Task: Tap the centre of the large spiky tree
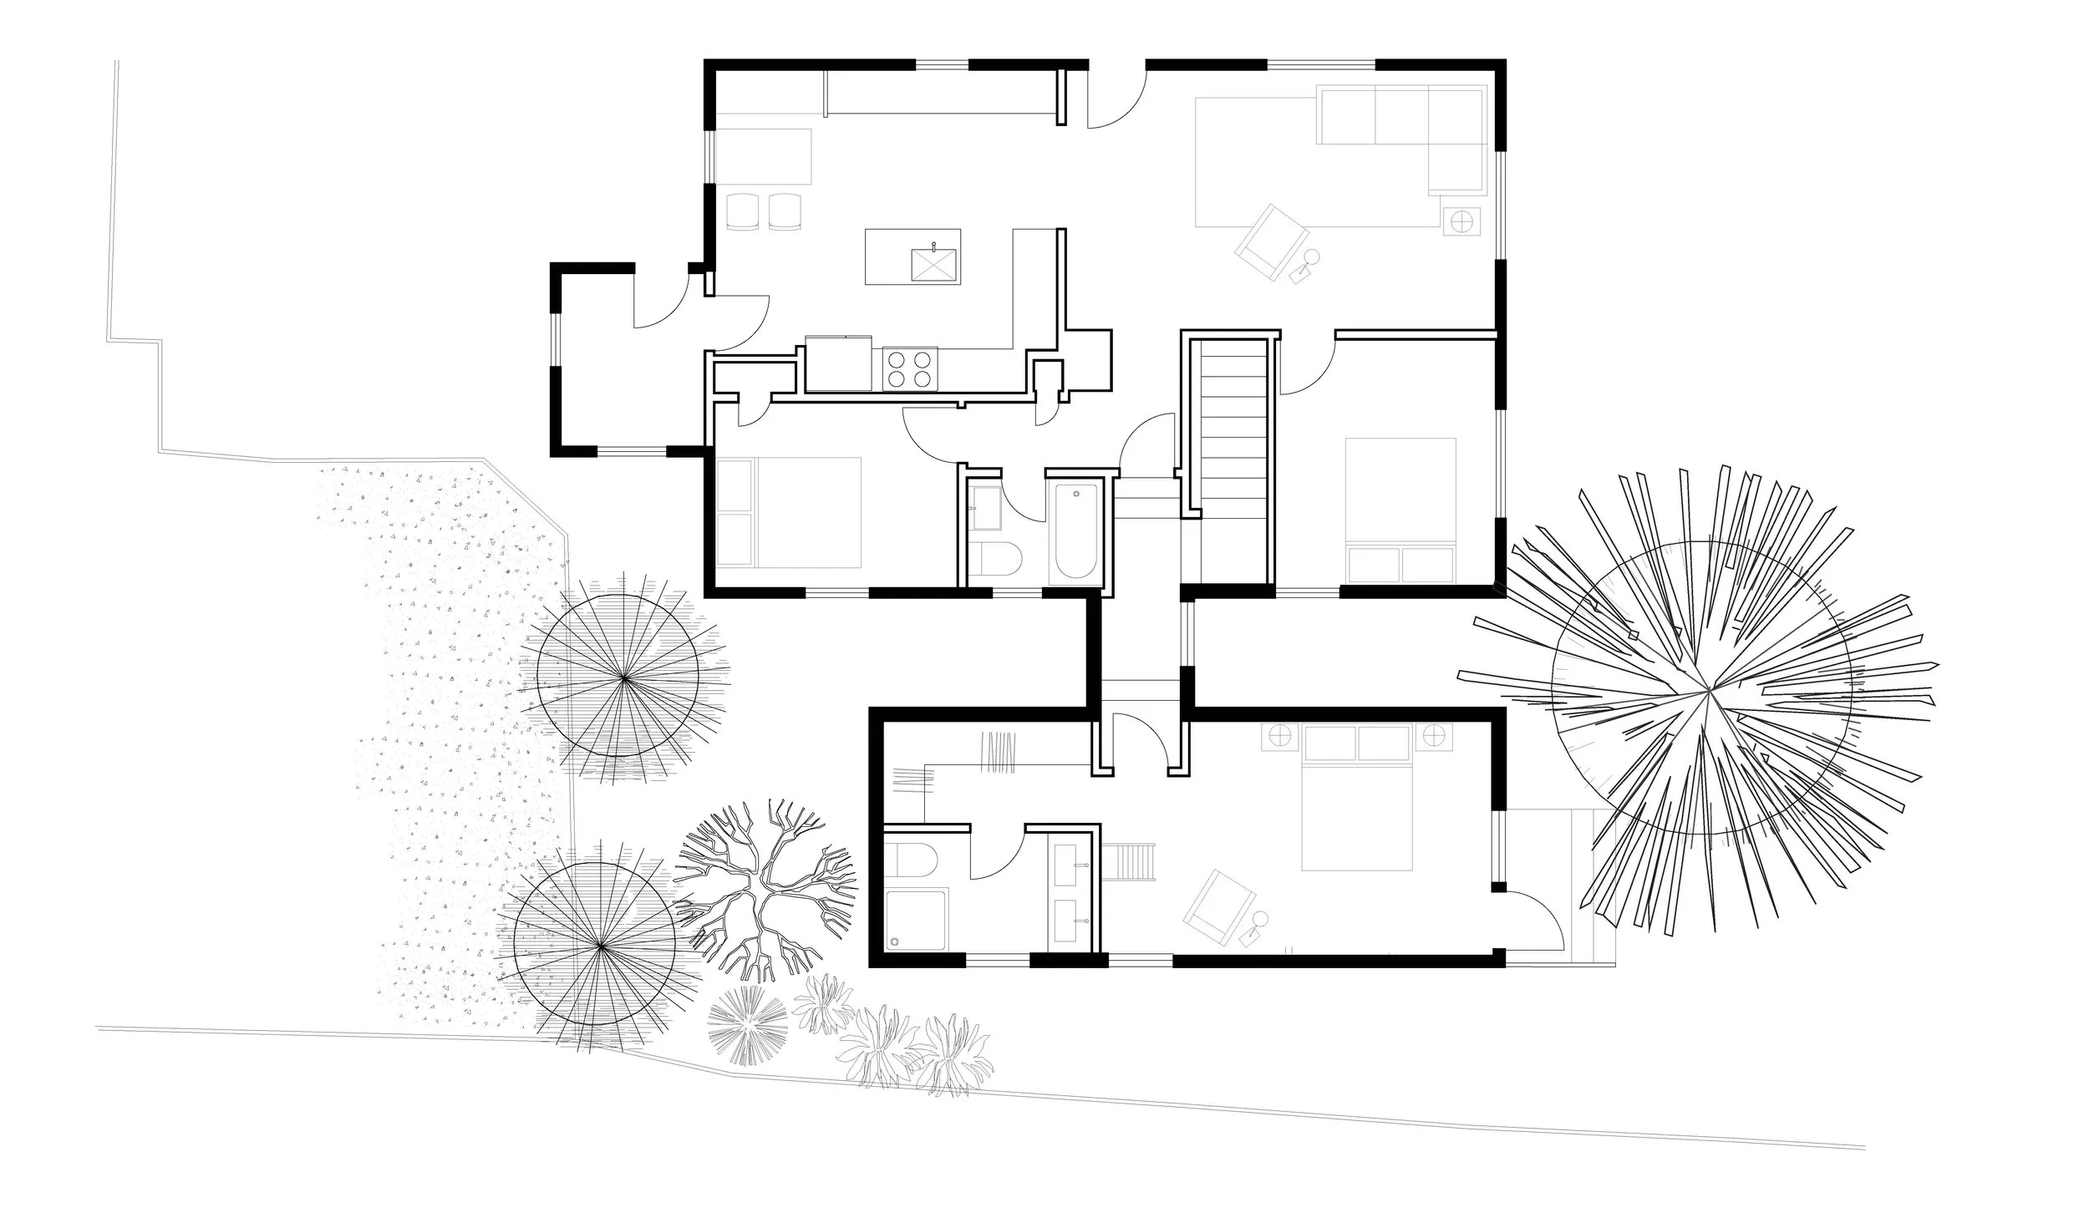1709,692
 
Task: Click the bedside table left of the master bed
1278,736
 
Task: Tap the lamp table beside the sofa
1462,221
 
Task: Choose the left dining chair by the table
740,211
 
